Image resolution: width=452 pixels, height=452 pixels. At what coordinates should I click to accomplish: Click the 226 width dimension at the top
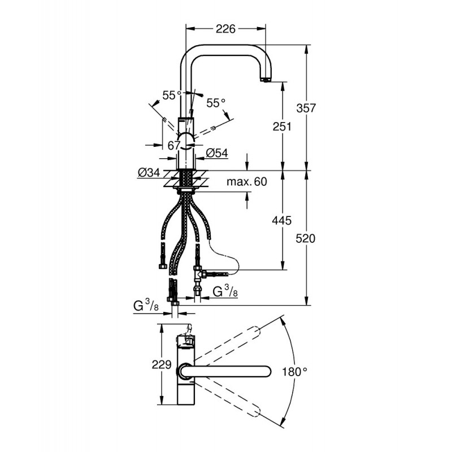pyautogui.click(x=225, y=29)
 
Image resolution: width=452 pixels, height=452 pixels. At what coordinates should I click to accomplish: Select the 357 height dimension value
pyautogui.click(x=306, y=108)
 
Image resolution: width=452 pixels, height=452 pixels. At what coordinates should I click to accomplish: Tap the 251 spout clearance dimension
pyautogui.click(x=282, y=126)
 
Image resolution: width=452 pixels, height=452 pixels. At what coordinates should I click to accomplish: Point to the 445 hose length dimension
pyautogui.click(x=282, y=220)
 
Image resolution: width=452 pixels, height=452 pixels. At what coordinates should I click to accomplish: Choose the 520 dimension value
pyautogui.click(x=306, y=238)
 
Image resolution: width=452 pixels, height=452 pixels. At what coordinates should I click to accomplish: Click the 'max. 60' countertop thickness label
pyautogui.click(x=247, y=181)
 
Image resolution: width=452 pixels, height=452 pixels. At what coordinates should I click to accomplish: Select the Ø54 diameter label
pyautogui.click(x=217, y=153)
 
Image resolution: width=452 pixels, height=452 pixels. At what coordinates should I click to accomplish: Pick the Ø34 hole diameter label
pyautogui.click(x=149, y=172)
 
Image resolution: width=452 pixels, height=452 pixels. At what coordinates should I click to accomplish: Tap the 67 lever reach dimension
pyautogui.click(x=174, y=146)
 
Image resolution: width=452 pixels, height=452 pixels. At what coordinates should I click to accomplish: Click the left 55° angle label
pyautogui.click(x=172, y=95)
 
